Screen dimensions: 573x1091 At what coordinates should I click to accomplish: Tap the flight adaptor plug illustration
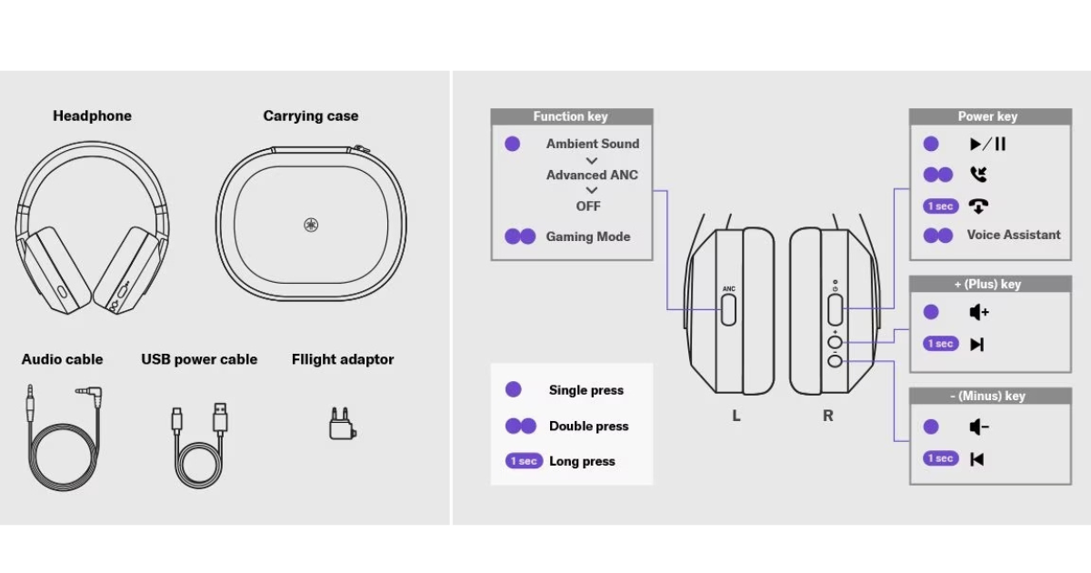pos(340,422)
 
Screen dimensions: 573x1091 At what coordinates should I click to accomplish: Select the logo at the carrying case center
pos(311,225)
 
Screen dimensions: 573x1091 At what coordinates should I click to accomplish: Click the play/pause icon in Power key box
pos(987,144)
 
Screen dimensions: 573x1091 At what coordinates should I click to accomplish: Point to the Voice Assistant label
pos(1013,235)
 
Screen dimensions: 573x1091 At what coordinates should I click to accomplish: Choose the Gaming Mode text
pos(587,236)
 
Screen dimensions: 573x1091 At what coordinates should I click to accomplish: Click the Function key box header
pos(571,116)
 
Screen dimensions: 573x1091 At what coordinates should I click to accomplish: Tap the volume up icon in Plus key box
pos(978,312)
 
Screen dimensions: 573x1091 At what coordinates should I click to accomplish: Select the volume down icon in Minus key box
pos(978,427)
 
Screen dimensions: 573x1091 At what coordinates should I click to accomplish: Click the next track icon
pos(977,344)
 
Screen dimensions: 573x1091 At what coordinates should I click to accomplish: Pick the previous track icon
pos(977,458)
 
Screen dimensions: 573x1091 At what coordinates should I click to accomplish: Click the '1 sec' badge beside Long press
pos(524,461)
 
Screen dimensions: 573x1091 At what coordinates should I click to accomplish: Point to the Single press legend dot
pos(513,389)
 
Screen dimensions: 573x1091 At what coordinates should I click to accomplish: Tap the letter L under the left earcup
pos(736,416)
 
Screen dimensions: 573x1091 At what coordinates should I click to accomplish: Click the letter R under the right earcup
pos(827,416)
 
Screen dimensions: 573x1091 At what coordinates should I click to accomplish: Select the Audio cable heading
pos(62,359)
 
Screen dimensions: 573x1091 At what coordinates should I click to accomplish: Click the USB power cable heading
pos(199,359)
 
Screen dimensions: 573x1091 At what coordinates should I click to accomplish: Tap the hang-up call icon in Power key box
pos(978,206)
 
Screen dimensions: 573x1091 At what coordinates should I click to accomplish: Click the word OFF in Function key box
pos(588,206)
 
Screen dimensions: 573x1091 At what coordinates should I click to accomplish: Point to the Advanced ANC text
pos(592,175)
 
